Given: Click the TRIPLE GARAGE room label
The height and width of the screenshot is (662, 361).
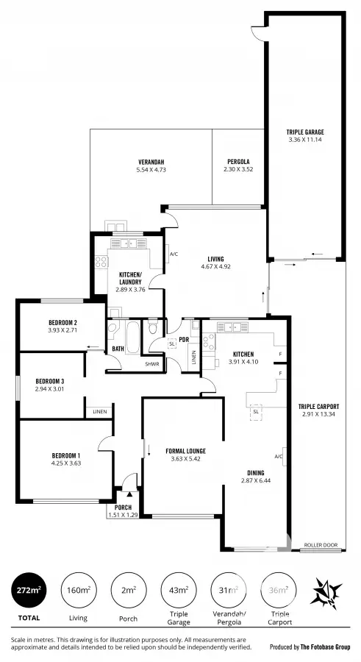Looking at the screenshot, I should (305, 132).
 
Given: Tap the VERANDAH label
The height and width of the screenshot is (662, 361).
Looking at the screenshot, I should (151, 162).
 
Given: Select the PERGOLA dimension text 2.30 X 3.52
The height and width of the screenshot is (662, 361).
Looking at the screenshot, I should (237, 170).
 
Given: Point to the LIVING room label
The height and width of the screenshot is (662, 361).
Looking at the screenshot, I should (215, 259).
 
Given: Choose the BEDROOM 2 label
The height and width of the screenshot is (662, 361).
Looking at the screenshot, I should (63, 323).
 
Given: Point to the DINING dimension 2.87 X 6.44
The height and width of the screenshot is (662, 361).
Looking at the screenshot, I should (257, 480).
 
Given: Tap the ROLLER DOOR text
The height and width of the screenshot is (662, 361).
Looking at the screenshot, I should (321, 545).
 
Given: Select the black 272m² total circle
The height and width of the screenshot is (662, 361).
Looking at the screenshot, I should (29, 590).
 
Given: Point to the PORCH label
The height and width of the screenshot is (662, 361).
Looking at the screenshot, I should (123, 508).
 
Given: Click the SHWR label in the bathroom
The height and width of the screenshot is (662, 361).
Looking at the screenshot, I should (152, 363).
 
